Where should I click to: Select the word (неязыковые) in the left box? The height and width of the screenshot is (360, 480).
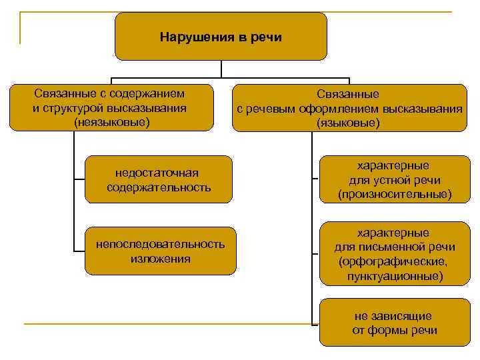click(x=112, y=122)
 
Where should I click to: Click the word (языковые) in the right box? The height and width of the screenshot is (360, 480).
click(x=349, y=123)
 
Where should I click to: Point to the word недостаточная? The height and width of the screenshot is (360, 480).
click(x=159, y=173)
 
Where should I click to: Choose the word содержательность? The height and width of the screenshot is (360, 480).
click(x=159, y=187)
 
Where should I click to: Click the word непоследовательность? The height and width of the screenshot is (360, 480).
click(x=161, y=245)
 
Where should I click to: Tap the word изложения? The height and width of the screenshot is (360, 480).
click(x=161, y=259)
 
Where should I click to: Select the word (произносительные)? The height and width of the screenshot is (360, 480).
click(x=394, y=194)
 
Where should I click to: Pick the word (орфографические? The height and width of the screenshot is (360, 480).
click(x=394, y=261)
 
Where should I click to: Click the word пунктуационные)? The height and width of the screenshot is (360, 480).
click(x=394, y=275)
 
